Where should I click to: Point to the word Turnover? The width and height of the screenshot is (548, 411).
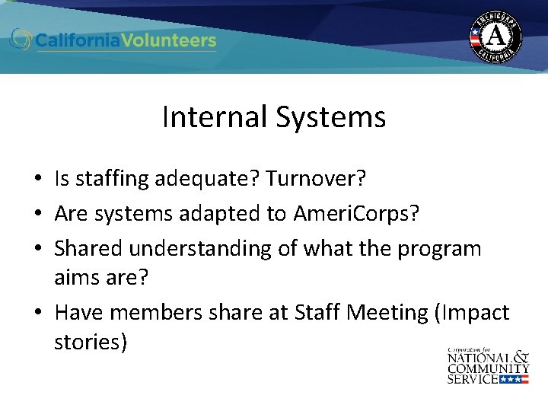coord(317,180)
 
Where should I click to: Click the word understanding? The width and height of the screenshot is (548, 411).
coord(193,249)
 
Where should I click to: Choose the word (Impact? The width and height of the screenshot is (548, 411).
coord(472,313)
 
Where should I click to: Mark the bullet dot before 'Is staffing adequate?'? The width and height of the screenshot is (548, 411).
coord(37,180)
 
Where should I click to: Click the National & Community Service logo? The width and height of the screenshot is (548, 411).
coord(487,365)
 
